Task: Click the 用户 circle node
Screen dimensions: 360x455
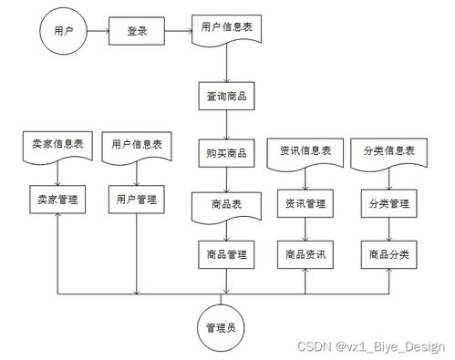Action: [x=63, y=32]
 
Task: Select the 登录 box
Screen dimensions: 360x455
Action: [x=137, y=32]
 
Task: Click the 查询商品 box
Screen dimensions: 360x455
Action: [x=227, y=96]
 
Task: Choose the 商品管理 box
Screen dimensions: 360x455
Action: [x=227, y=253]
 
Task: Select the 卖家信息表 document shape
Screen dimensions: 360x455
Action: [x=56, y=145]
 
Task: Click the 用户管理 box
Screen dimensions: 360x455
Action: [x=138, y=199]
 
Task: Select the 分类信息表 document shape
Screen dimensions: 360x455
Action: [x=388, y=151]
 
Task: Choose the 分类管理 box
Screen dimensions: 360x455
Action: [x=388, y=204]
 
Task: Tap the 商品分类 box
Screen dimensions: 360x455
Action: [x=388, y=253]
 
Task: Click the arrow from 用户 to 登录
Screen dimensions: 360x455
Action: [x=97, y=32]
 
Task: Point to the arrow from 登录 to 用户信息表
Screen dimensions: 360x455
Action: [x=178, y=32]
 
